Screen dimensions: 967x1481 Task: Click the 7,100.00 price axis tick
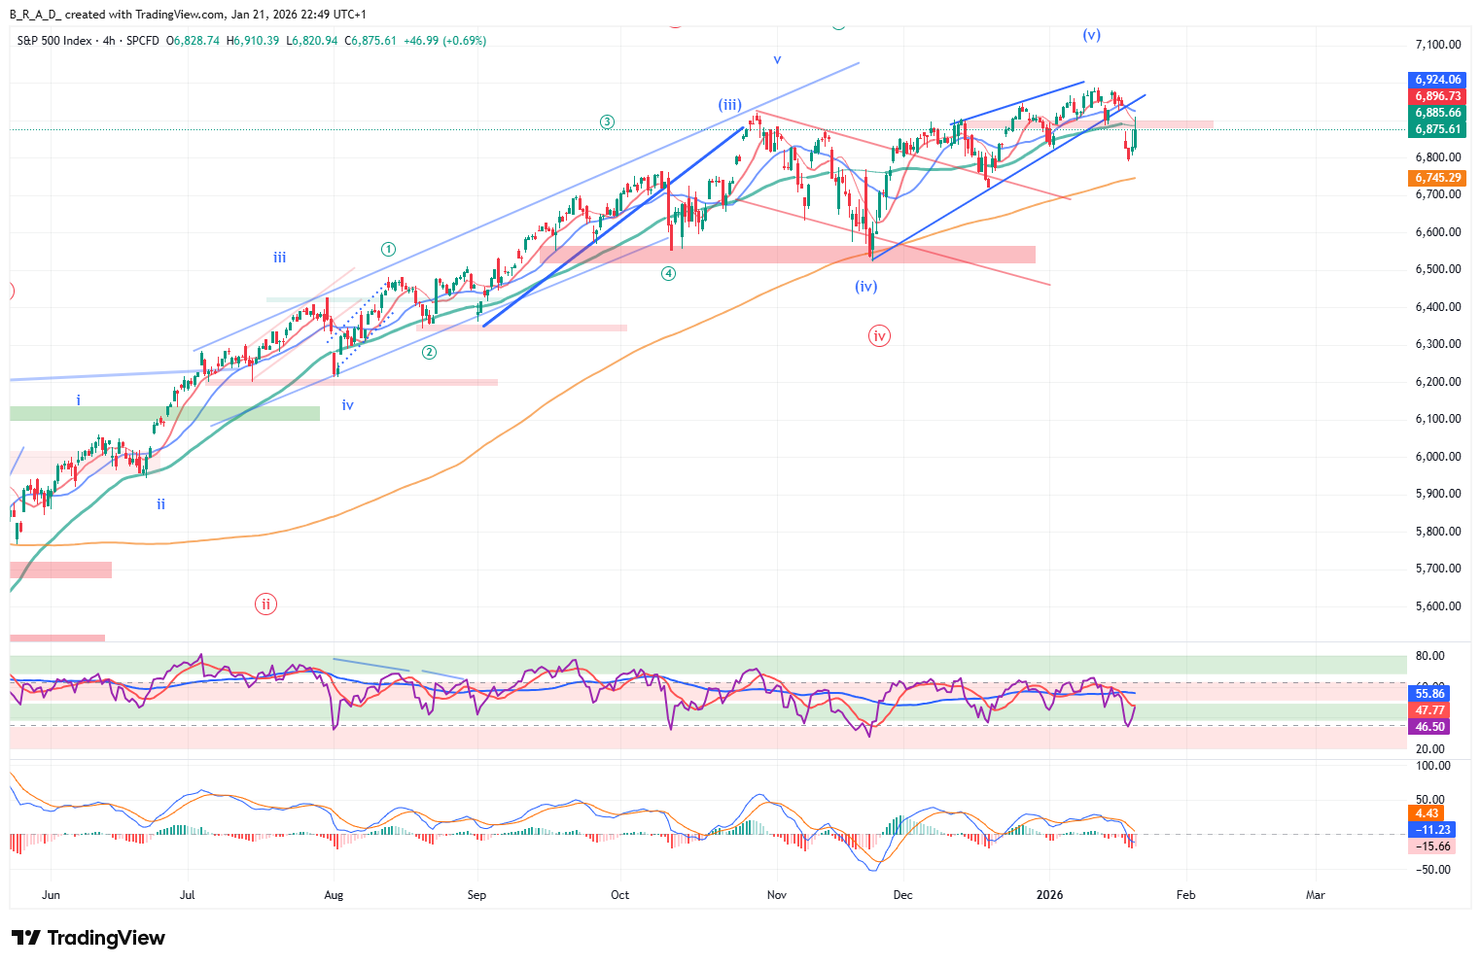tap(1437, 45)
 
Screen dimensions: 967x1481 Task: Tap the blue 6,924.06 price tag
tap(1437, 80)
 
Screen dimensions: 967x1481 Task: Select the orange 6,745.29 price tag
tap(1437, 178)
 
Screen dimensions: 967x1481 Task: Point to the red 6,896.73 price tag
tap(1437, 96)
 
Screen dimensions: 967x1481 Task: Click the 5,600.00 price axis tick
tap(1437, 606)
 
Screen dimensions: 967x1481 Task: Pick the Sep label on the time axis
tap(476, 895)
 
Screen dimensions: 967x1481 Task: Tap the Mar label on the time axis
tap(1315, 895)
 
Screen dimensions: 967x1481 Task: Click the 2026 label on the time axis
tap(1049, 895)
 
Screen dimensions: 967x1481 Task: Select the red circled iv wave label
tap(879, 336)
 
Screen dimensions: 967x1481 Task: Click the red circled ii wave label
tap(265, 604)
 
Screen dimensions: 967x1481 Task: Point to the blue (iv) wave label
tap(866, 287)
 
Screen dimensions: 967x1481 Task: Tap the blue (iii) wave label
tap(730, 105)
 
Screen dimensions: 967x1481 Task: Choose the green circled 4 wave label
tap(669, 274)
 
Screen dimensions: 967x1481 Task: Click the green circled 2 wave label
tap(429, 353)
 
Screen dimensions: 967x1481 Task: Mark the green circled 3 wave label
tap(607, 122)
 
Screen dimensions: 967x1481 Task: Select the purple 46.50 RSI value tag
tap(1429, 727)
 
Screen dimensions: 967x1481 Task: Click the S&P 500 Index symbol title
tap(54, 41)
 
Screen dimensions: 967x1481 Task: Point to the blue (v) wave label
tap(1092, 35)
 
